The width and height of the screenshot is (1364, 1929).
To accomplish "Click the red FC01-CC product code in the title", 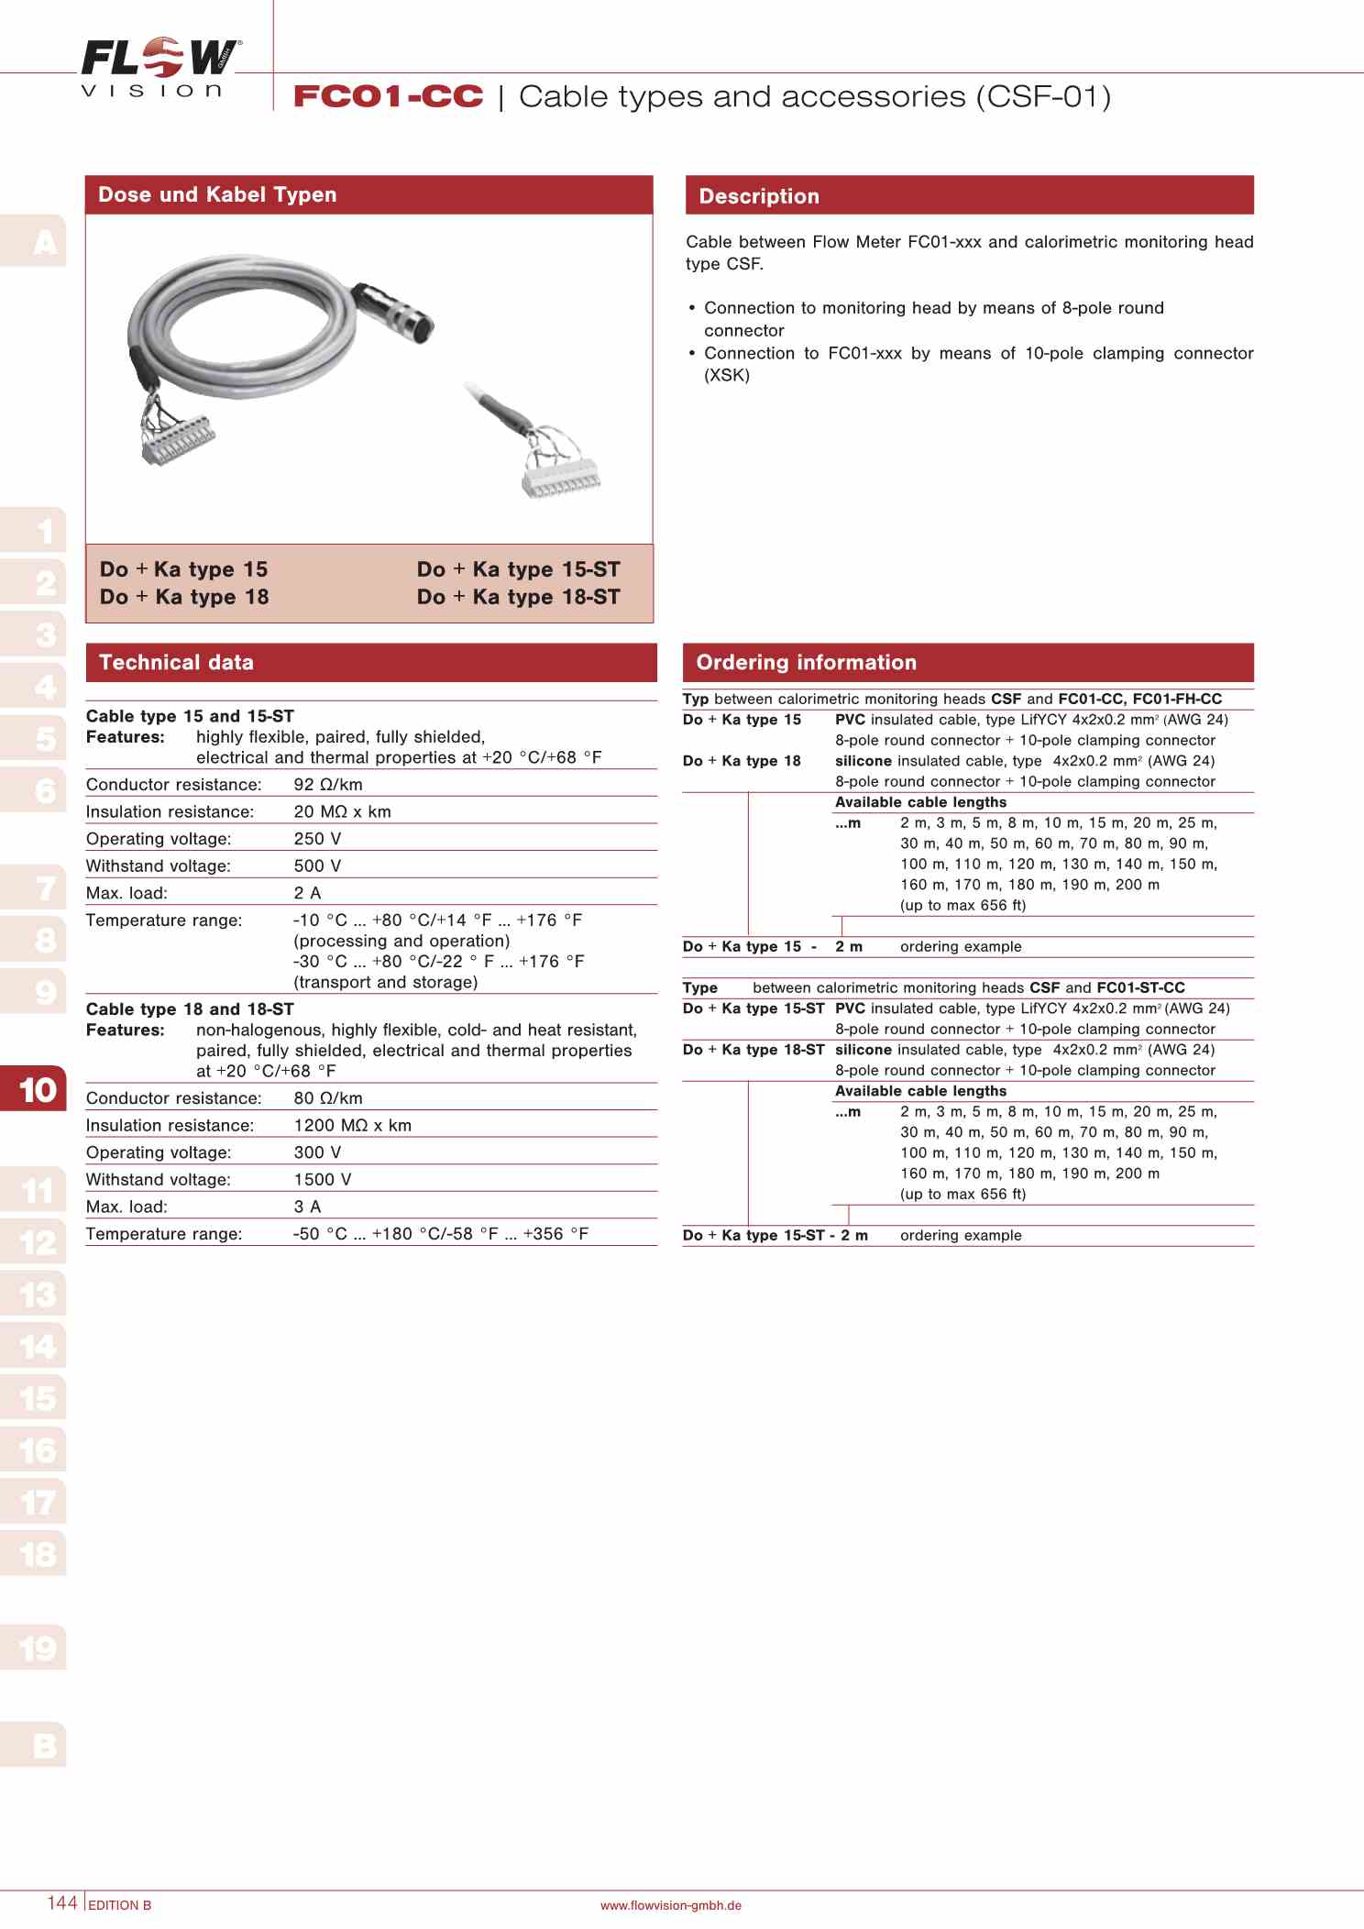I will (x=388, y=96).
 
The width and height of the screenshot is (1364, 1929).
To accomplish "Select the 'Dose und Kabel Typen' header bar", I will (x=368, y=194).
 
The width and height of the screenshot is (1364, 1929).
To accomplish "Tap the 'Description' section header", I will (x=969, y=196).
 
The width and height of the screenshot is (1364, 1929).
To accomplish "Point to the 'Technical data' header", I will (x=370, y=662).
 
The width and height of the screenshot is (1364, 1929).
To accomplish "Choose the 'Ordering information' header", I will (x=968, y=662).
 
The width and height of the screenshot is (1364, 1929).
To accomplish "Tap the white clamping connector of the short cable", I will (x=560, y=478).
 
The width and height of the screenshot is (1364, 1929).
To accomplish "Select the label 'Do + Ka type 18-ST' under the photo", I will (x=518, y=597).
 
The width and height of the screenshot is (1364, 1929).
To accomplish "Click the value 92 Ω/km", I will (x=328, y=785).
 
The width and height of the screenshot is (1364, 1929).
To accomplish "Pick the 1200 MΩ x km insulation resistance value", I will (x=352, y=1125).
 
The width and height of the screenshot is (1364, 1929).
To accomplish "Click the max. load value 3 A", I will (x=307, y=1207).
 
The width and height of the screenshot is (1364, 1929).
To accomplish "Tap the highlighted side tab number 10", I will (x=37, y=1089).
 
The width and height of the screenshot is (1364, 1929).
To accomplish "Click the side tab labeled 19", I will (x=37, y=1648).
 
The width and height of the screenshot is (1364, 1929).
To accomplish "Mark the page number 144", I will (x=62, y=1902).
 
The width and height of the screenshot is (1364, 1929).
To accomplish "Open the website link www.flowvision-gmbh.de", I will (x=670, y=1905).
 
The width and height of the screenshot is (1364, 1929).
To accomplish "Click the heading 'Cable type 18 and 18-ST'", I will (x=190, y=1009).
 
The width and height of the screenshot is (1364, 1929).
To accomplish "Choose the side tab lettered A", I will (x=44, y=243).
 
